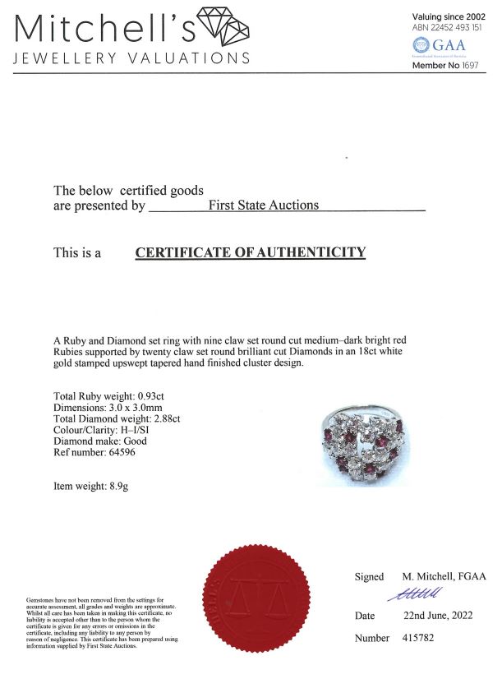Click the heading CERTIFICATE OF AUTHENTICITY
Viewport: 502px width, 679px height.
point(250,252)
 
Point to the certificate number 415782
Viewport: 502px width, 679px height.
point(423,638)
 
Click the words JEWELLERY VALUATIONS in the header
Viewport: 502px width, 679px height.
point(131,58)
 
